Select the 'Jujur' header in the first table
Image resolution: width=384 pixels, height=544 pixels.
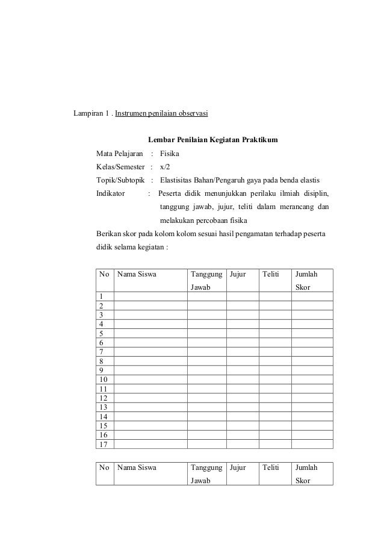(x=238, y=275)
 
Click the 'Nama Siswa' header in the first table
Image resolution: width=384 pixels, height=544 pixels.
(x=137, y=275)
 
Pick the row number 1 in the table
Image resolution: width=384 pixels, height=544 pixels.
(x=102, y=296)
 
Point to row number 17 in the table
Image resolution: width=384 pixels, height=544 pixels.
(x=104, y=444)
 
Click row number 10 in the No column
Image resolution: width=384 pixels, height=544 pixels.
(x=104, y=380)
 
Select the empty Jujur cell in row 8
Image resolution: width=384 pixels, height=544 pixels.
(x=243, y=361)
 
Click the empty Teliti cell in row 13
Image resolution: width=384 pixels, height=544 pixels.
(x=275, y=407)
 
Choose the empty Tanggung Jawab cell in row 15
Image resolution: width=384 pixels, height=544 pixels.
(x=206, y=425)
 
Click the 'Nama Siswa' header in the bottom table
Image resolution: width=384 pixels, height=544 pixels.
(x=137, y=467)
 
